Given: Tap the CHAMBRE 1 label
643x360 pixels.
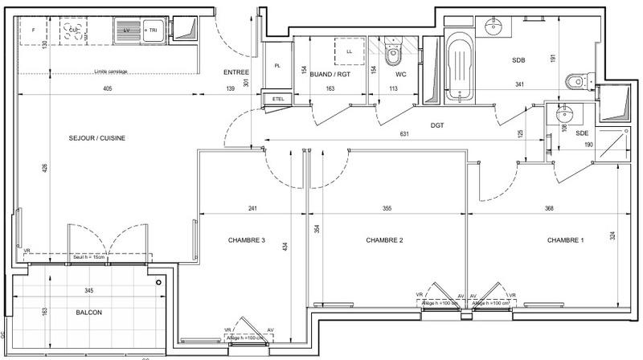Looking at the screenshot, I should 567,240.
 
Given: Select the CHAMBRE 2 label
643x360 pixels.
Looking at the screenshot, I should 384,240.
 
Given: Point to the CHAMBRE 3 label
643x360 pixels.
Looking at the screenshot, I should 247,240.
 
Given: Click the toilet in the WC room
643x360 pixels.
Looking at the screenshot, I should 393,55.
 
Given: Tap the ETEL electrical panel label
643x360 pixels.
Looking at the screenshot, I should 279,99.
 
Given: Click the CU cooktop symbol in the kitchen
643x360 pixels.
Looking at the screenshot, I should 74,31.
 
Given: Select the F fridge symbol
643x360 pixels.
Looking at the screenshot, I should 33,30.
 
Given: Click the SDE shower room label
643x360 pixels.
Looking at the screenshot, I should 582,133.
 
